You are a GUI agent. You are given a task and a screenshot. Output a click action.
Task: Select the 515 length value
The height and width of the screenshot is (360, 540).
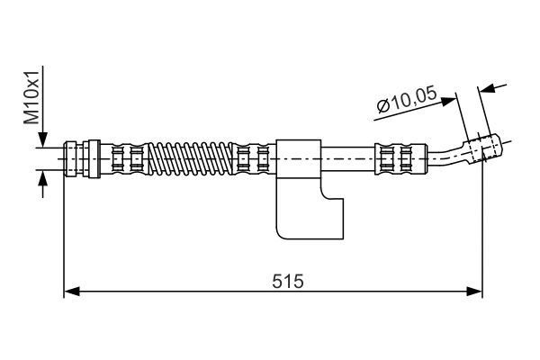point(289,280)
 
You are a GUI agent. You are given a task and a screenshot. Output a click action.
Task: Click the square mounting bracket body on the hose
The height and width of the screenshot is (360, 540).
point(298,157)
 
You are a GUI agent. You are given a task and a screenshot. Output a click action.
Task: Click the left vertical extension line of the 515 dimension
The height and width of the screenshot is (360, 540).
point(65,234)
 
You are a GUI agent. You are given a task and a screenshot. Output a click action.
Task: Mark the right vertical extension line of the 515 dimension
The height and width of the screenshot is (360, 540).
point(483,234)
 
